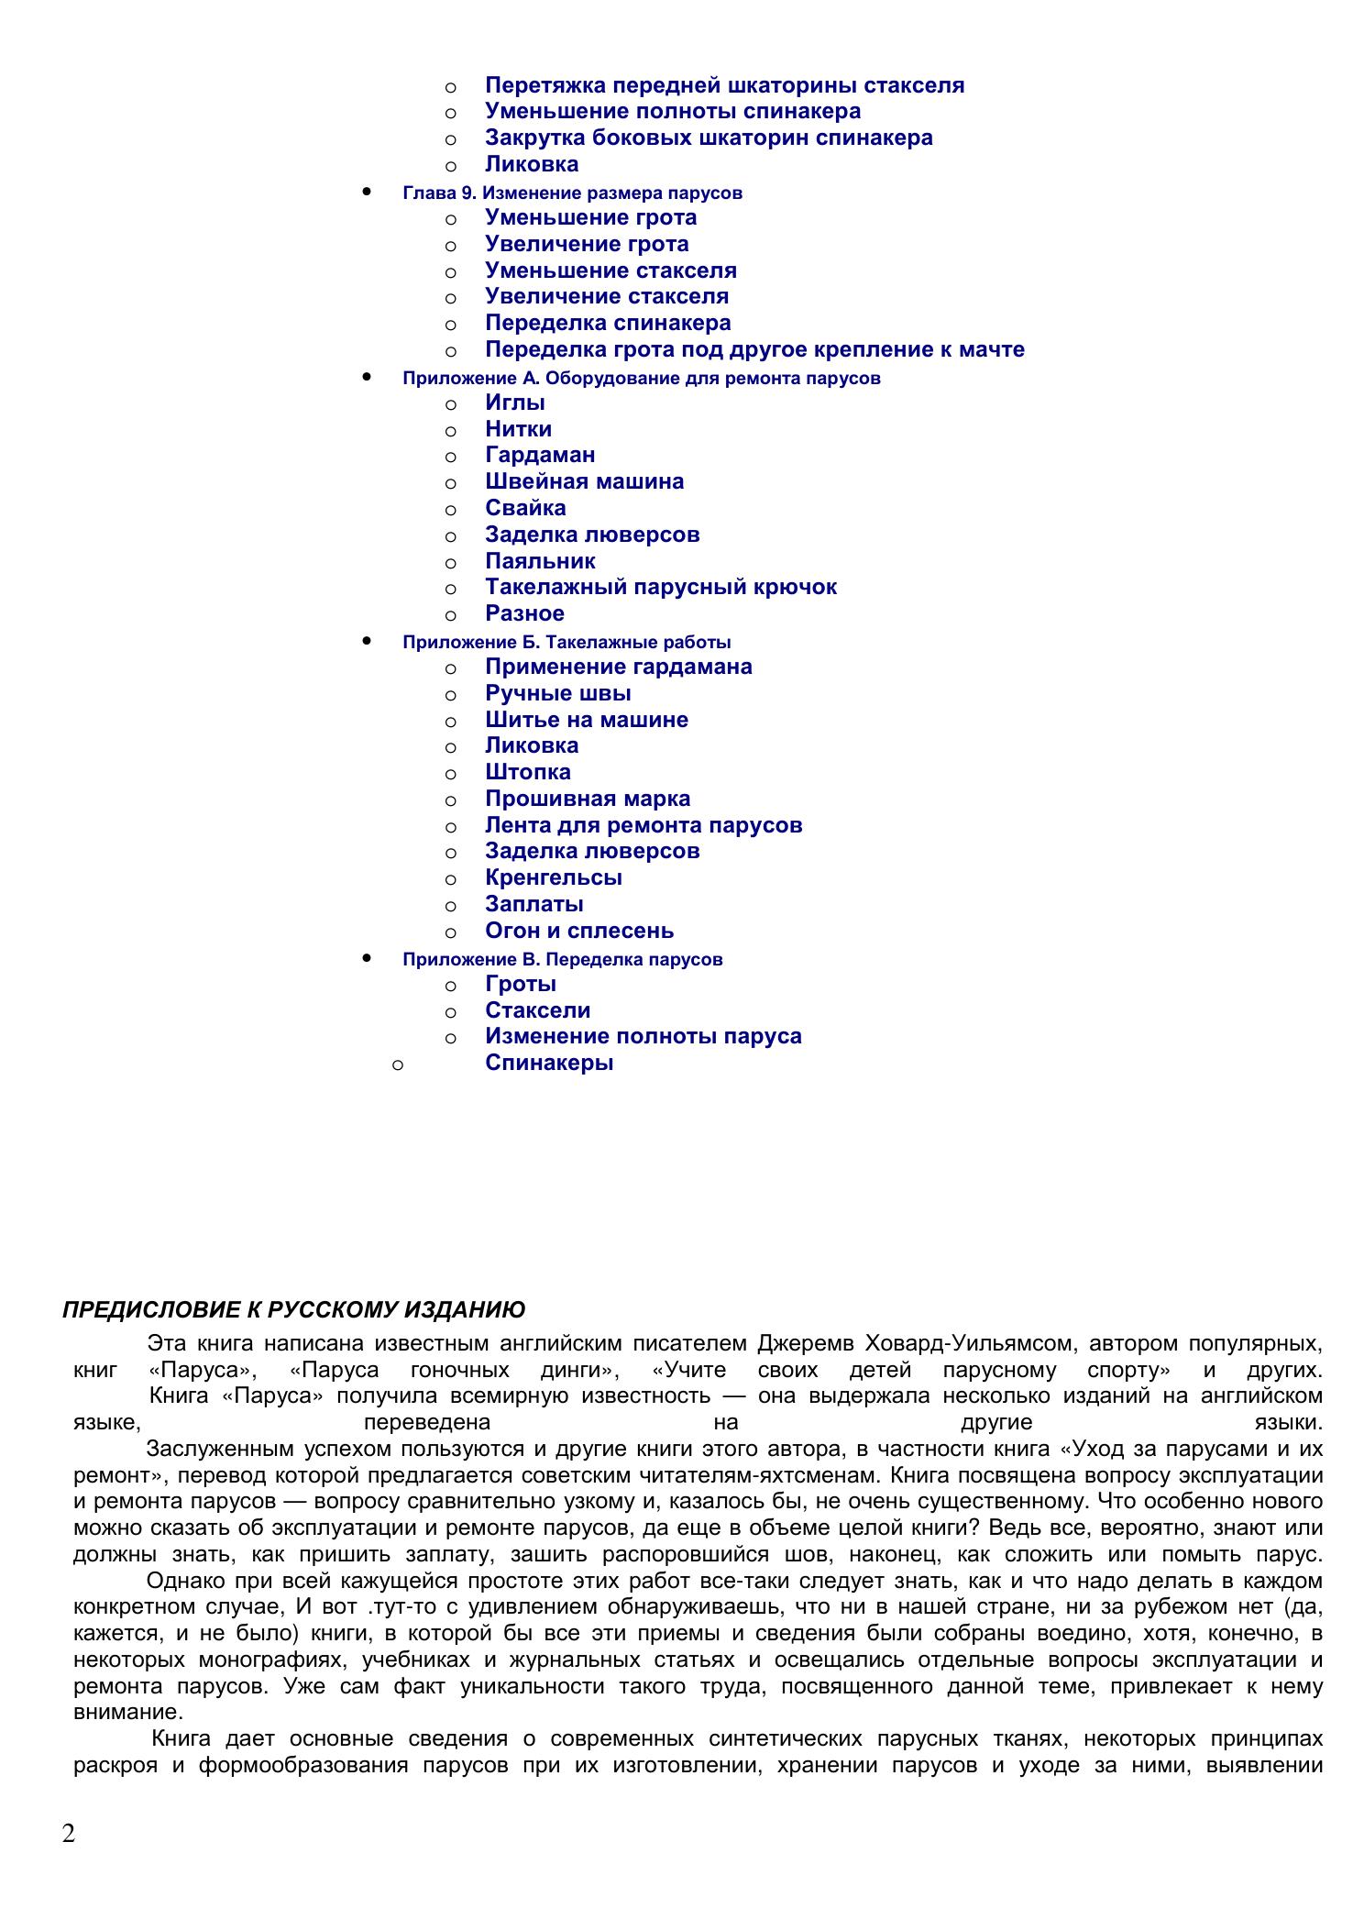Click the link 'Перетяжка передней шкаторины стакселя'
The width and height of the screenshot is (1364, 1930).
pos(724,85)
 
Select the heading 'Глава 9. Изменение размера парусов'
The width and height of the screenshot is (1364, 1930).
pos(572,193)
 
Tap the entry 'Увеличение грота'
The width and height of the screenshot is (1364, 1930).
pos(587,244)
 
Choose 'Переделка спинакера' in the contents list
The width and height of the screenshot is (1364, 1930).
pos(608,323)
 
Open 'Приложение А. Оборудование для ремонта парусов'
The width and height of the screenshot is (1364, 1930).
pos(641,379)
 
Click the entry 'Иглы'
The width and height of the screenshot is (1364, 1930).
pos(515,403)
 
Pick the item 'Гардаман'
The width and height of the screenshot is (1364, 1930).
pos(540,455)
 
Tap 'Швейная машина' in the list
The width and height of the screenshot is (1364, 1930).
pos(584,481)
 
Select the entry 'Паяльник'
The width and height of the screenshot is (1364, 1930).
pos(540,561)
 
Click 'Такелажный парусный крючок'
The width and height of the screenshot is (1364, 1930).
pos(660,587)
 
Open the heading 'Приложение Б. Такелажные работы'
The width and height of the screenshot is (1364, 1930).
pos(566,643)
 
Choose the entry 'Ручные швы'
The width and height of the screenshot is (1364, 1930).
pos(557,693)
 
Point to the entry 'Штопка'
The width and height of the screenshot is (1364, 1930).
pos(528,772)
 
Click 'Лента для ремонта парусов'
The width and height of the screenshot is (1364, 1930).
pos(643,825)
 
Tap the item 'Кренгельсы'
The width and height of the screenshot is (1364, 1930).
pos(554,877)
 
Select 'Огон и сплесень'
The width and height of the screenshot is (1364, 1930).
pos(579,931)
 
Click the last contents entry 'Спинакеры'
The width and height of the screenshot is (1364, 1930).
pos(549,1063)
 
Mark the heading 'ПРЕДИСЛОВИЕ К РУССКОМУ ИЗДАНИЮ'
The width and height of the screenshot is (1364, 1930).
pos(293,1309)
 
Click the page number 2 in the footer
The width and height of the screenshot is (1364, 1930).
pos(69,1834)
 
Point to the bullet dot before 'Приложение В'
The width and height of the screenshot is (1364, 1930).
pos(367,957)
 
